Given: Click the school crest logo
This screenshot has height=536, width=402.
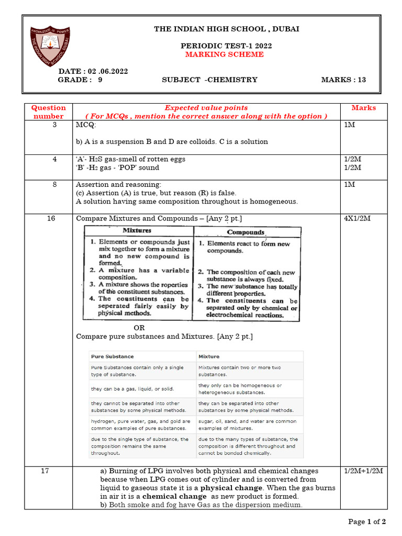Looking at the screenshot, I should pos(50,47).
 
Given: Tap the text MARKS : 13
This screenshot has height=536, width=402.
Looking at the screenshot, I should pos(343,80).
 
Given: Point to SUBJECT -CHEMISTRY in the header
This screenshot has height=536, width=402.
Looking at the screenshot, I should pos(209,80).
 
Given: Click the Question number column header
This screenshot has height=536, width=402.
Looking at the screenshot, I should pos(49,112).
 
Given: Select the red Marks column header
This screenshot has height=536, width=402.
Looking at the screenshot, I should pos(363,108).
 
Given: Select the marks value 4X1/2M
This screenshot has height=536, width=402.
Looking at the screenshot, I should pos(357,218).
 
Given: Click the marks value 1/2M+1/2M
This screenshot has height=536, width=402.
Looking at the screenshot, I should pos(363,471).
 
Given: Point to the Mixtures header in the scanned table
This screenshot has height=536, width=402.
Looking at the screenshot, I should pos(137,230).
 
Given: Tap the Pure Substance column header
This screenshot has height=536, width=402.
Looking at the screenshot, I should pos(112,356).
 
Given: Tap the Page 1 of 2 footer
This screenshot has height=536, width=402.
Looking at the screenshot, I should pos(367,521).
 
